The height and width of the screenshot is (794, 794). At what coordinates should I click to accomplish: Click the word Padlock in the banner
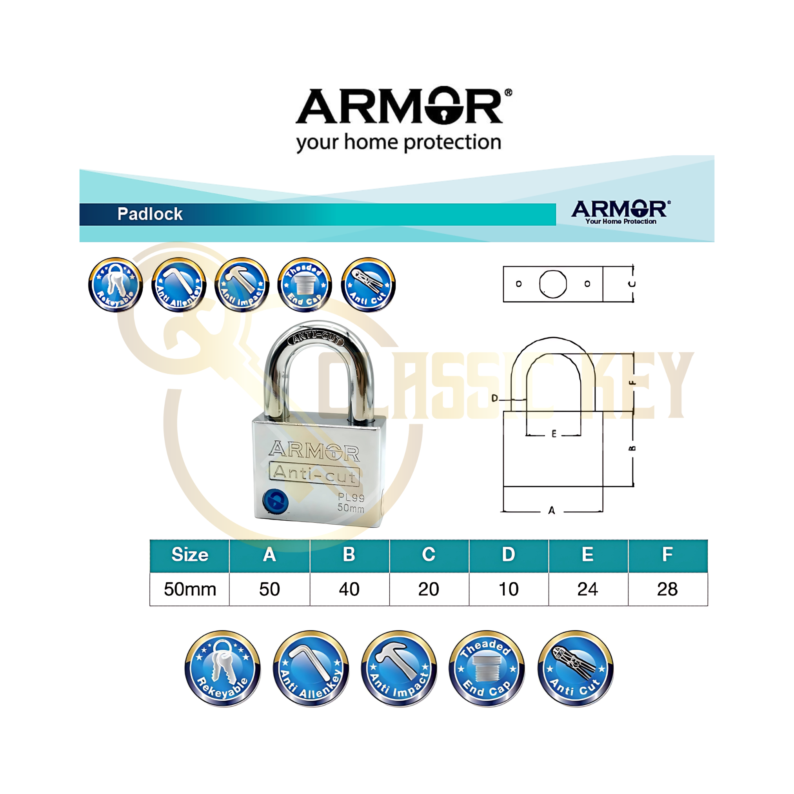click(x=150, y=214)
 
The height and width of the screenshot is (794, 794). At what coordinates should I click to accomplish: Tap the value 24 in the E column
click(x=587, y=589)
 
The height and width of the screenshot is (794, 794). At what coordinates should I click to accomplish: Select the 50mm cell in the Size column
click(x=190, y=589)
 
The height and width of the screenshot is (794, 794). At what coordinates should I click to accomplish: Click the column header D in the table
click(x=509, y=554)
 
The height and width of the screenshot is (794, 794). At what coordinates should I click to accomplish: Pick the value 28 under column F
click(x=667, y=589)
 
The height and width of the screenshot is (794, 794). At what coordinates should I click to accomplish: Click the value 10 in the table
click(x=509, y=589)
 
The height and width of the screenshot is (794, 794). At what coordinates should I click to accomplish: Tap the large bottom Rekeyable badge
click(x=222, y=668)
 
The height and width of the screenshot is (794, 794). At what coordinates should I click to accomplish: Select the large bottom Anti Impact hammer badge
click(x=399, y=668)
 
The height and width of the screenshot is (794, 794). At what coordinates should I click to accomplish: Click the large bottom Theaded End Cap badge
click(x=487, y=668)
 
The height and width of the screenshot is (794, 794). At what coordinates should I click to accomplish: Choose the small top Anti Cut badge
click(x=368, y=285)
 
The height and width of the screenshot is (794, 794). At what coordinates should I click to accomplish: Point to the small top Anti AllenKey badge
click(x=179, y=285)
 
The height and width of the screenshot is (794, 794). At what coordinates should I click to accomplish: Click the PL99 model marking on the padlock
click(x=351, y=498)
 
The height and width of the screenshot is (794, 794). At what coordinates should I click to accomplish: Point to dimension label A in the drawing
click(x=552, y=511)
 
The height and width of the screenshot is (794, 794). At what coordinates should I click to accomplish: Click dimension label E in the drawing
click(x=554, y=434)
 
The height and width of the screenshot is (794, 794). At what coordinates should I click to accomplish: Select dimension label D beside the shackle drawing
click(x=495, y=398)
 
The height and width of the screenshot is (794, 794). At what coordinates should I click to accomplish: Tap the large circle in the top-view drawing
click(x=553, y=283)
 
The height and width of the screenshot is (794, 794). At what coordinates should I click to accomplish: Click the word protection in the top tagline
click(x=452, y=143)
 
